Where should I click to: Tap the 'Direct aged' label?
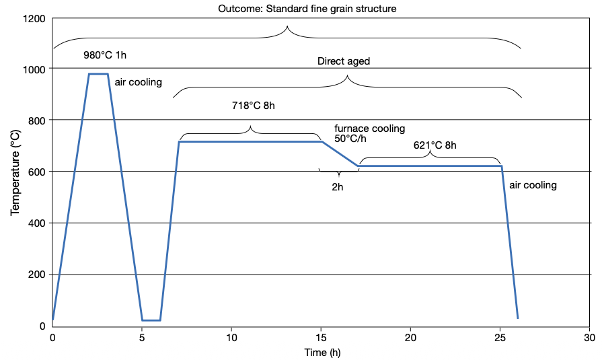(344, 61)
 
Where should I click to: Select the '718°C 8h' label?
(254, 106)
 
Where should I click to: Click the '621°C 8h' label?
(435, 145)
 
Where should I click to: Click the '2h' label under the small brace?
(338, 186)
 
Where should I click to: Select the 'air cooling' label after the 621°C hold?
(533, 185)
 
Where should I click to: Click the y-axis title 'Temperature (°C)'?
(15, 173)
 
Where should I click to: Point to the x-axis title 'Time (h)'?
(321, 352)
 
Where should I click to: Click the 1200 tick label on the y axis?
(33, 18)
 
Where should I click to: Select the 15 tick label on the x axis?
(321, 337)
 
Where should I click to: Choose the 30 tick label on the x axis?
(589, 337)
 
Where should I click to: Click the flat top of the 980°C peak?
(98, 74)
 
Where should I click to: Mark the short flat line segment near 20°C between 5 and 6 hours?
(151, 320)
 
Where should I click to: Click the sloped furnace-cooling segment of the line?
(340, 154)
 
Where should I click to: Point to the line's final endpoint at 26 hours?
(517, 318)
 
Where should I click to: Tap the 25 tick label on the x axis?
(500, 337)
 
